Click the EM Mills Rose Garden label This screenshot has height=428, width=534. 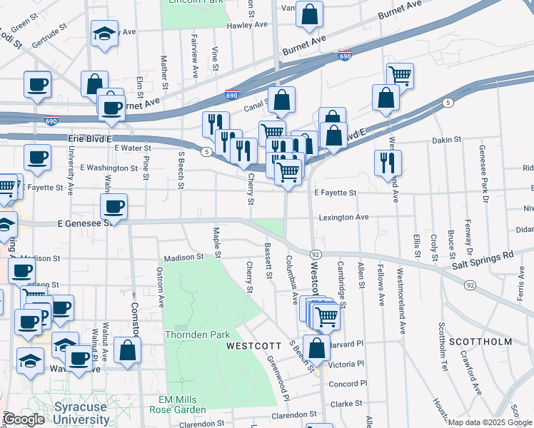pyautogui.click(x=178, y=404)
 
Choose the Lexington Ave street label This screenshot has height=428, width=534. pyautogui.click(x=343, y=217)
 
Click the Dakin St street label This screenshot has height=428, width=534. pyautogui.click(x=447, y=141)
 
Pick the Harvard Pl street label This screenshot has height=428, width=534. pyautogui.click(x=348, y=343)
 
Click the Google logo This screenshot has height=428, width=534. pyautogui.click(x=24, y=419)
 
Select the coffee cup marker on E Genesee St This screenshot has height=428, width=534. pyautogui.click(x=113, y=208)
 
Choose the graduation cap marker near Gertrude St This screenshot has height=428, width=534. pyautogui.click(x=105, y=33)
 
